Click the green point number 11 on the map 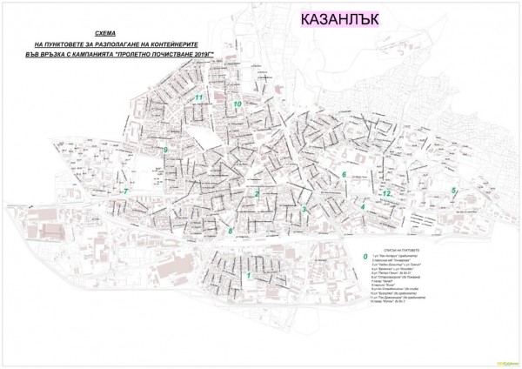(x=199, y=97)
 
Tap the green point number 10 (x=237, y=104)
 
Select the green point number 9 (x=164, y=150)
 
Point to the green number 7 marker (x=125, y=191)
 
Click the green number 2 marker (x=257, y=192)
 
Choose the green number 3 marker (x=304, y=209)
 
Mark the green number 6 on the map (x=345, y=175)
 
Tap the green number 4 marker (x=362, y=207)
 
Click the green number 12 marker (x=388, y=192)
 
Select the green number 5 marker (x=453, y=191)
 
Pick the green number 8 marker (x=230, y=231)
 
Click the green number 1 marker (x=250, y=276)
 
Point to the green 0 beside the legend (x=365, y=257)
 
